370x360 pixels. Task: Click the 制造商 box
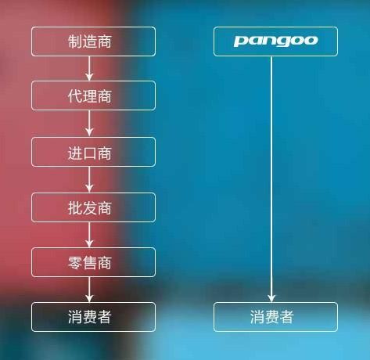pos(93,41)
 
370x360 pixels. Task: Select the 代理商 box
pos(93,95)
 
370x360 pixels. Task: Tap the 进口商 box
pos(93,152)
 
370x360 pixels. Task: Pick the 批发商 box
pos(93,207)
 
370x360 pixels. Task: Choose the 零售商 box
pos(93,262)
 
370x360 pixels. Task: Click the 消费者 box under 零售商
pos(93,317)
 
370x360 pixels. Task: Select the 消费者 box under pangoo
pos(275,317)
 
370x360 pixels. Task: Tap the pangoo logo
pos(275,41)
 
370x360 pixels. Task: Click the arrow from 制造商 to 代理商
pos(89,68)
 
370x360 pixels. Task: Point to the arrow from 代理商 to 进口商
pos(89,124)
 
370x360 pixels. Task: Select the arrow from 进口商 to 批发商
pos(89,179)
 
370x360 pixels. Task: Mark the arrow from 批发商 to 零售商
pos(89,235)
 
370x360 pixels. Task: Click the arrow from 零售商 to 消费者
pos(89,290)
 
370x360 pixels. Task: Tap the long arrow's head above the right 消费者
pos(271,299)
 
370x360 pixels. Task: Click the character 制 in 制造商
pos(75,41)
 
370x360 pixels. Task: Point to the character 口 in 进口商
pos(90,153)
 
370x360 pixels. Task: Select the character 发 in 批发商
pos(90,208)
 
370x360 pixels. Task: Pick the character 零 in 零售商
pos(75,263)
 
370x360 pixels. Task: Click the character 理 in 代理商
pos(90,96)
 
